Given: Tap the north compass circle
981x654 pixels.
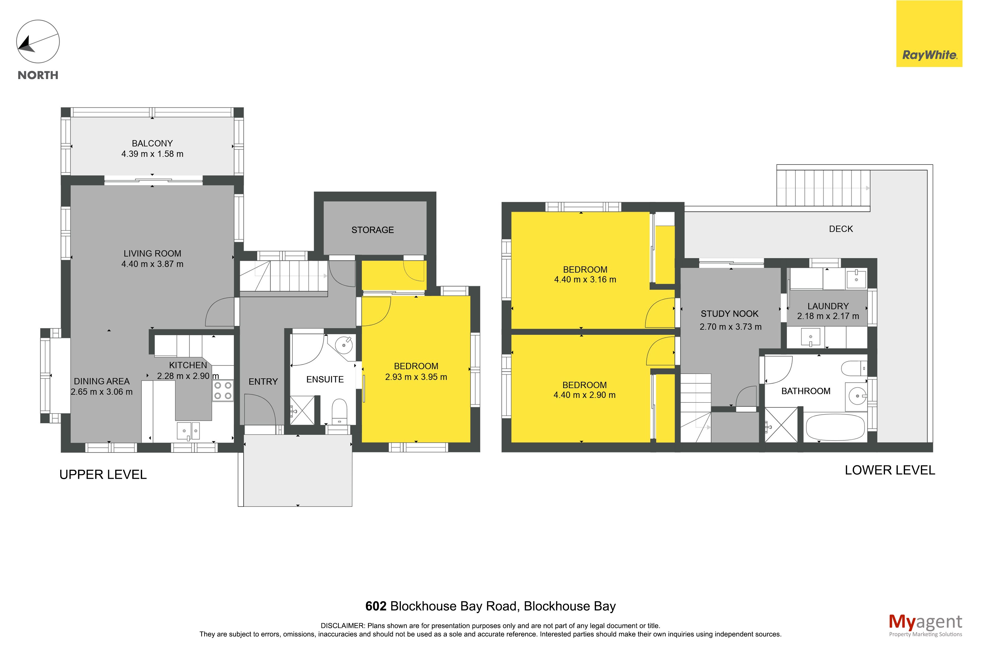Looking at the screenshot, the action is click(38, 42).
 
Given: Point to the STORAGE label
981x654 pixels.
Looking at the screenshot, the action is click(372, 230).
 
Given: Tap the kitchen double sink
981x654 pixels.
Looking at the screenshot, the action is click(188, 431).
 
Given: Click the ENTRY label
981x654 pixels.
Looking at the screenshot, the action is click(263, 382).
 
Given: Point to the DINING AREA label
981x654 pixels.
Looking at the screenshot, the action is click(102, 381).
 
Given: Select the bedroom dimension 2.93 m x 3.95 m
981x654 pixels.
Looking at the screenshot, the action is click(416, 377).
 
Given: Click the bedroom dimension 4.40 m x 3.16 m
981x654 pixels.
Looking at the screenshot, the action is click(585, 280).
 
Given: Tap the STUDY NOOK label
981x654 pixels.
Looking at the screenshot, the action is click(730, 314).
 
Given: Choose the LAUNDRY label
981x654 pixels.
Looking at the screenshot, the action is click(828, 306).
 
